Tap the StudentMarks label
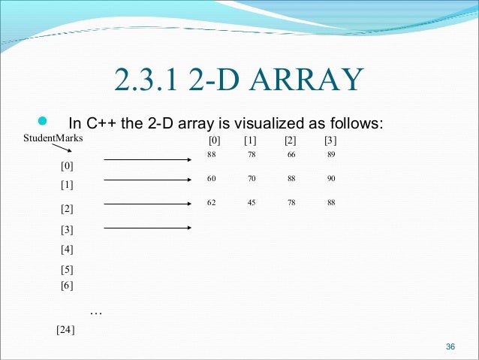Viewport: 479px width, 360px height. [x=53, y=138]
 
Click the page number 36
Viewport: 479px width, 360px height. [x=450, y=346]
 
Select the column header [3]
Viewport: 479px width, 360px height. [x=330, y=141]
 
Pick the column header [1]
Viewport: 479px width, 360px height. [x=250, y=141]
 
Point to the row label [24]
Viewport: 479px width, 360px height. [x=66, y=329]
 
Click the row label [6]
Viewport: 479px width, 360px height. [x=67, y=285]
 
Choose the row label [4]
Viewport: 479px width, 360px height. [x=67, y=249]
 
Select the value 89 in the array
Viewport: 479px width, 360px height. [x=331, y=155]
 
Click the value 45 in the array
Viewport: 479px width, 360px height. [x=251, y=202]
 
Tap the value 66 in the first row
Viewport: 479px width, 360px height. [x=291, y=155]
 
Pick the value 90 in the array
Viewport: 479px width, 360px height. [x=331, y=179]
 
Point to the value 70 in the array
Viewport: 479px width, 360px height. [x=251, y=179]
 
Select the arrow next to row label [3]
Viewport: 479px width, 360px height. [x=149, y=227]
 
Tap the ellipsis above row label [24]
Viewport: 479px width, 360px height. [x=95, y=311]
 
